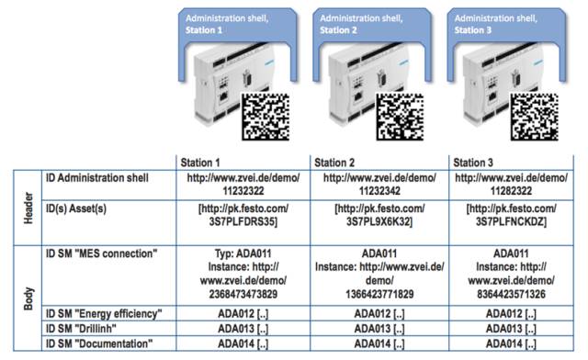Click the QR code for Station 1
click(x=266, y=117)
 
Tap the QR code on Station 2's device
click(x=401, y=117)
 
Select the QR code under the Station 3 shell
click(x=535, y=117)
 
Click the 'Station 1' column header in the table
click(x=200, y=163)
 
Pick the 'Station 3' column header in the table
click(x=473, y=163)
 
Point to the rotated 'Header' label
click(x=28, y=208)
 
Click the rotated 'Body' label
click(x=28, y=298)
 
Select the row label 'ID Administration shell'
click(x=97, y=178)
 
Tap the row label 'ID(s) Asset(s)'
click(x=76, y=208)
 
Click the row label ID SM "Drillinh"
click(x=81, y=329)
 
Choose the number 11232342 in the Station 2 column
click(x=379, y=191)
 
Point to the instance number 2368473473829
click(x=243, y=294)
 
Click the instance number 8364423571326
click(x=511, y=294)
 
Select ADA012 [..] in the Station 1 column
click(x=243, y=314)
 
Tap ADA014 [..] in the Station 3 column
click(x=511, y=343)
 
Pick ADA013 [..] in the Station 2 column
click(x=379, y=329)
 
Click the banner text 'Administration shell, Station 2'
click(x=361, y=24)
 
